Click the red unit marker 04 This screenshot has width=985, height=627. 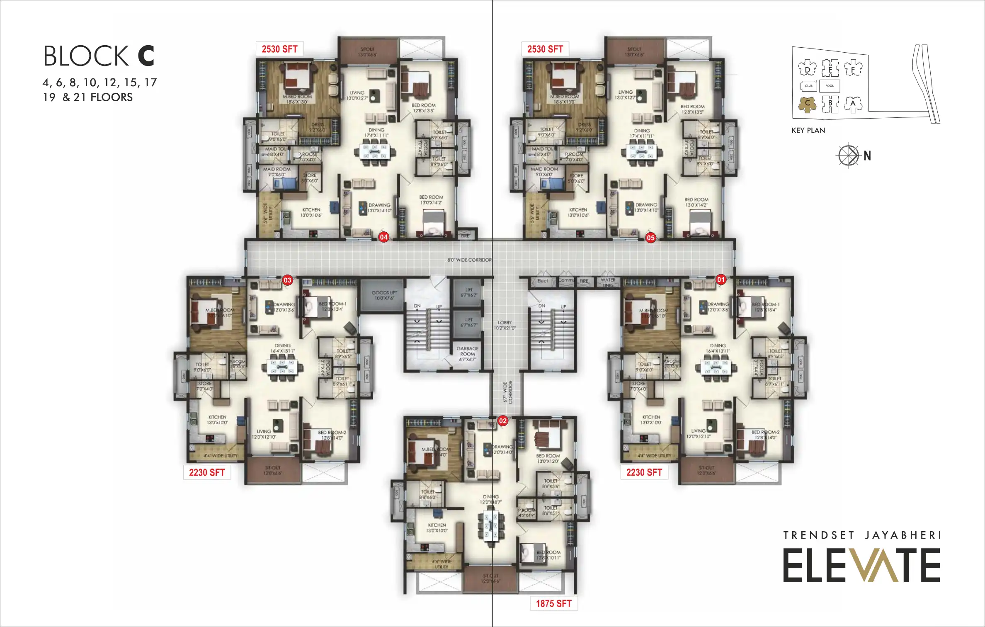383,237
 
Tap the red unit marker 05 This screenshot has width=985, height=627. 650,238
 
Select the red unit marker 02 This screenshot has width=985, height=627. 502,421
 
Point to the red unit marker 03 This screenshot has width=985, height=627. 287,280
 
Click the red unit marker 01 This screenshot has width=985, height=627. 721,279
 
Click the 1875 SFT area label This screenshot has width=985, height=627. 553,603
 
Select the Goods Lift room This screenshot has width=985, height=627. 384,295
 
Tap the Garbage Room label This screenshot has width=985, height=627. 467,354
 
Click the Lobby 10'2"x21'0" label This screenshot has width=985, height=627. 505,325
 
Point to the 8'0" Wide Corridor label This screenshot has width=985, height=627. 469,260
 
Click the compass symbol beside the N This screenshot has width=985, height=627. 848,156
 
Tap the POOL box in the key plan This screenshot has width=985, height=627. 830,86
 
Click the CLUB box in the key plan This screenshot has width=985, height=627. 809,86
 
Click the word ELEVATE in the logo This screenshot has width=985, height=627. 861,566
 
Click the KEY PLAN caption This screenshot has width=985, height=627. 808,131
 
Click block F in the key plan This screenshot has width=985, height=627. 853,69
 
